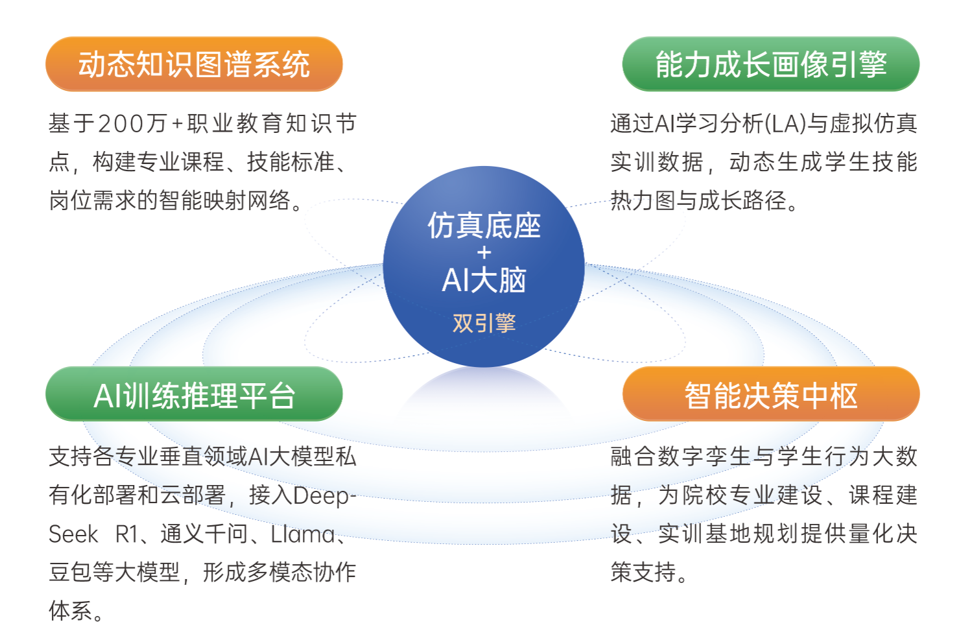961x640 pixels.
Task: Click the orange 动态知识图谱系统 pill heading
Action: [x=194, y=64]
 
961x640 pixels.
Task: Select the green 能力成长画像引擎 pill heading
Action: [x=771, y=64]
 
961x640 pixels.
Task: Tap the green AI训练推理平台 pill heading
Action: [x=194, y=394]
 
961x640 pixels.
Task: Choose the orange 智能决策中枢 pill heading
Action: [x=771, y=394]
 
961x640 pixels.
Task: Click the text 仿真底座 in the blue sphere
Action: [x=484, y=225]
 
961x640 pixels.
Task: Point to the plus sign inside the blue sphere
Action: [x=484, y=253]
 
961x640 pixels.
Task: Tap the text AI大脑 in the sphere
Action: [x=484, y=280]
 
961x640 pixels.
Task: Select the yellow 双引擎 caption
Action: [x=484, y=323]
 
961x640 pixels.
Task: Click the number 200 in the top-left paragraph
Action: [x=121, y=124]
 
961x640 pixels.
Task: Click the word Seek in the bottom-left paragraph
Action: [x=73, y=534]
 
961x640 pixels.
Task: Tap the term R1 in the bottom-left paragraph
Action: [x=126, y=534]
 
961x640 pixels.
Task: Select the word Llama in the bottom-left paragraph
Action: [x=302, y=534]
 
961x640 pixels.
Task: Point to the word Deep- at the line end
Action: [x=325, y=497]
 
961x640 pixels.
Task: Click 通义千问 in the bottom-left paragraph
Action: [x=204, y=534]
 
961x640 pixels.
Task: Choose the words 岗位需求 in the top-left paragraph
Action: [x=92, y=200]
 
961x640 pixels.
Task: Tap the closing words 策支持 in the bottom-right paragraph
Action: [x=643, y=572]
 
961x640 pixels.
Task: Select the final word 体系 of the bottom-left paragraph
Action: [x=71, y=610]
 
